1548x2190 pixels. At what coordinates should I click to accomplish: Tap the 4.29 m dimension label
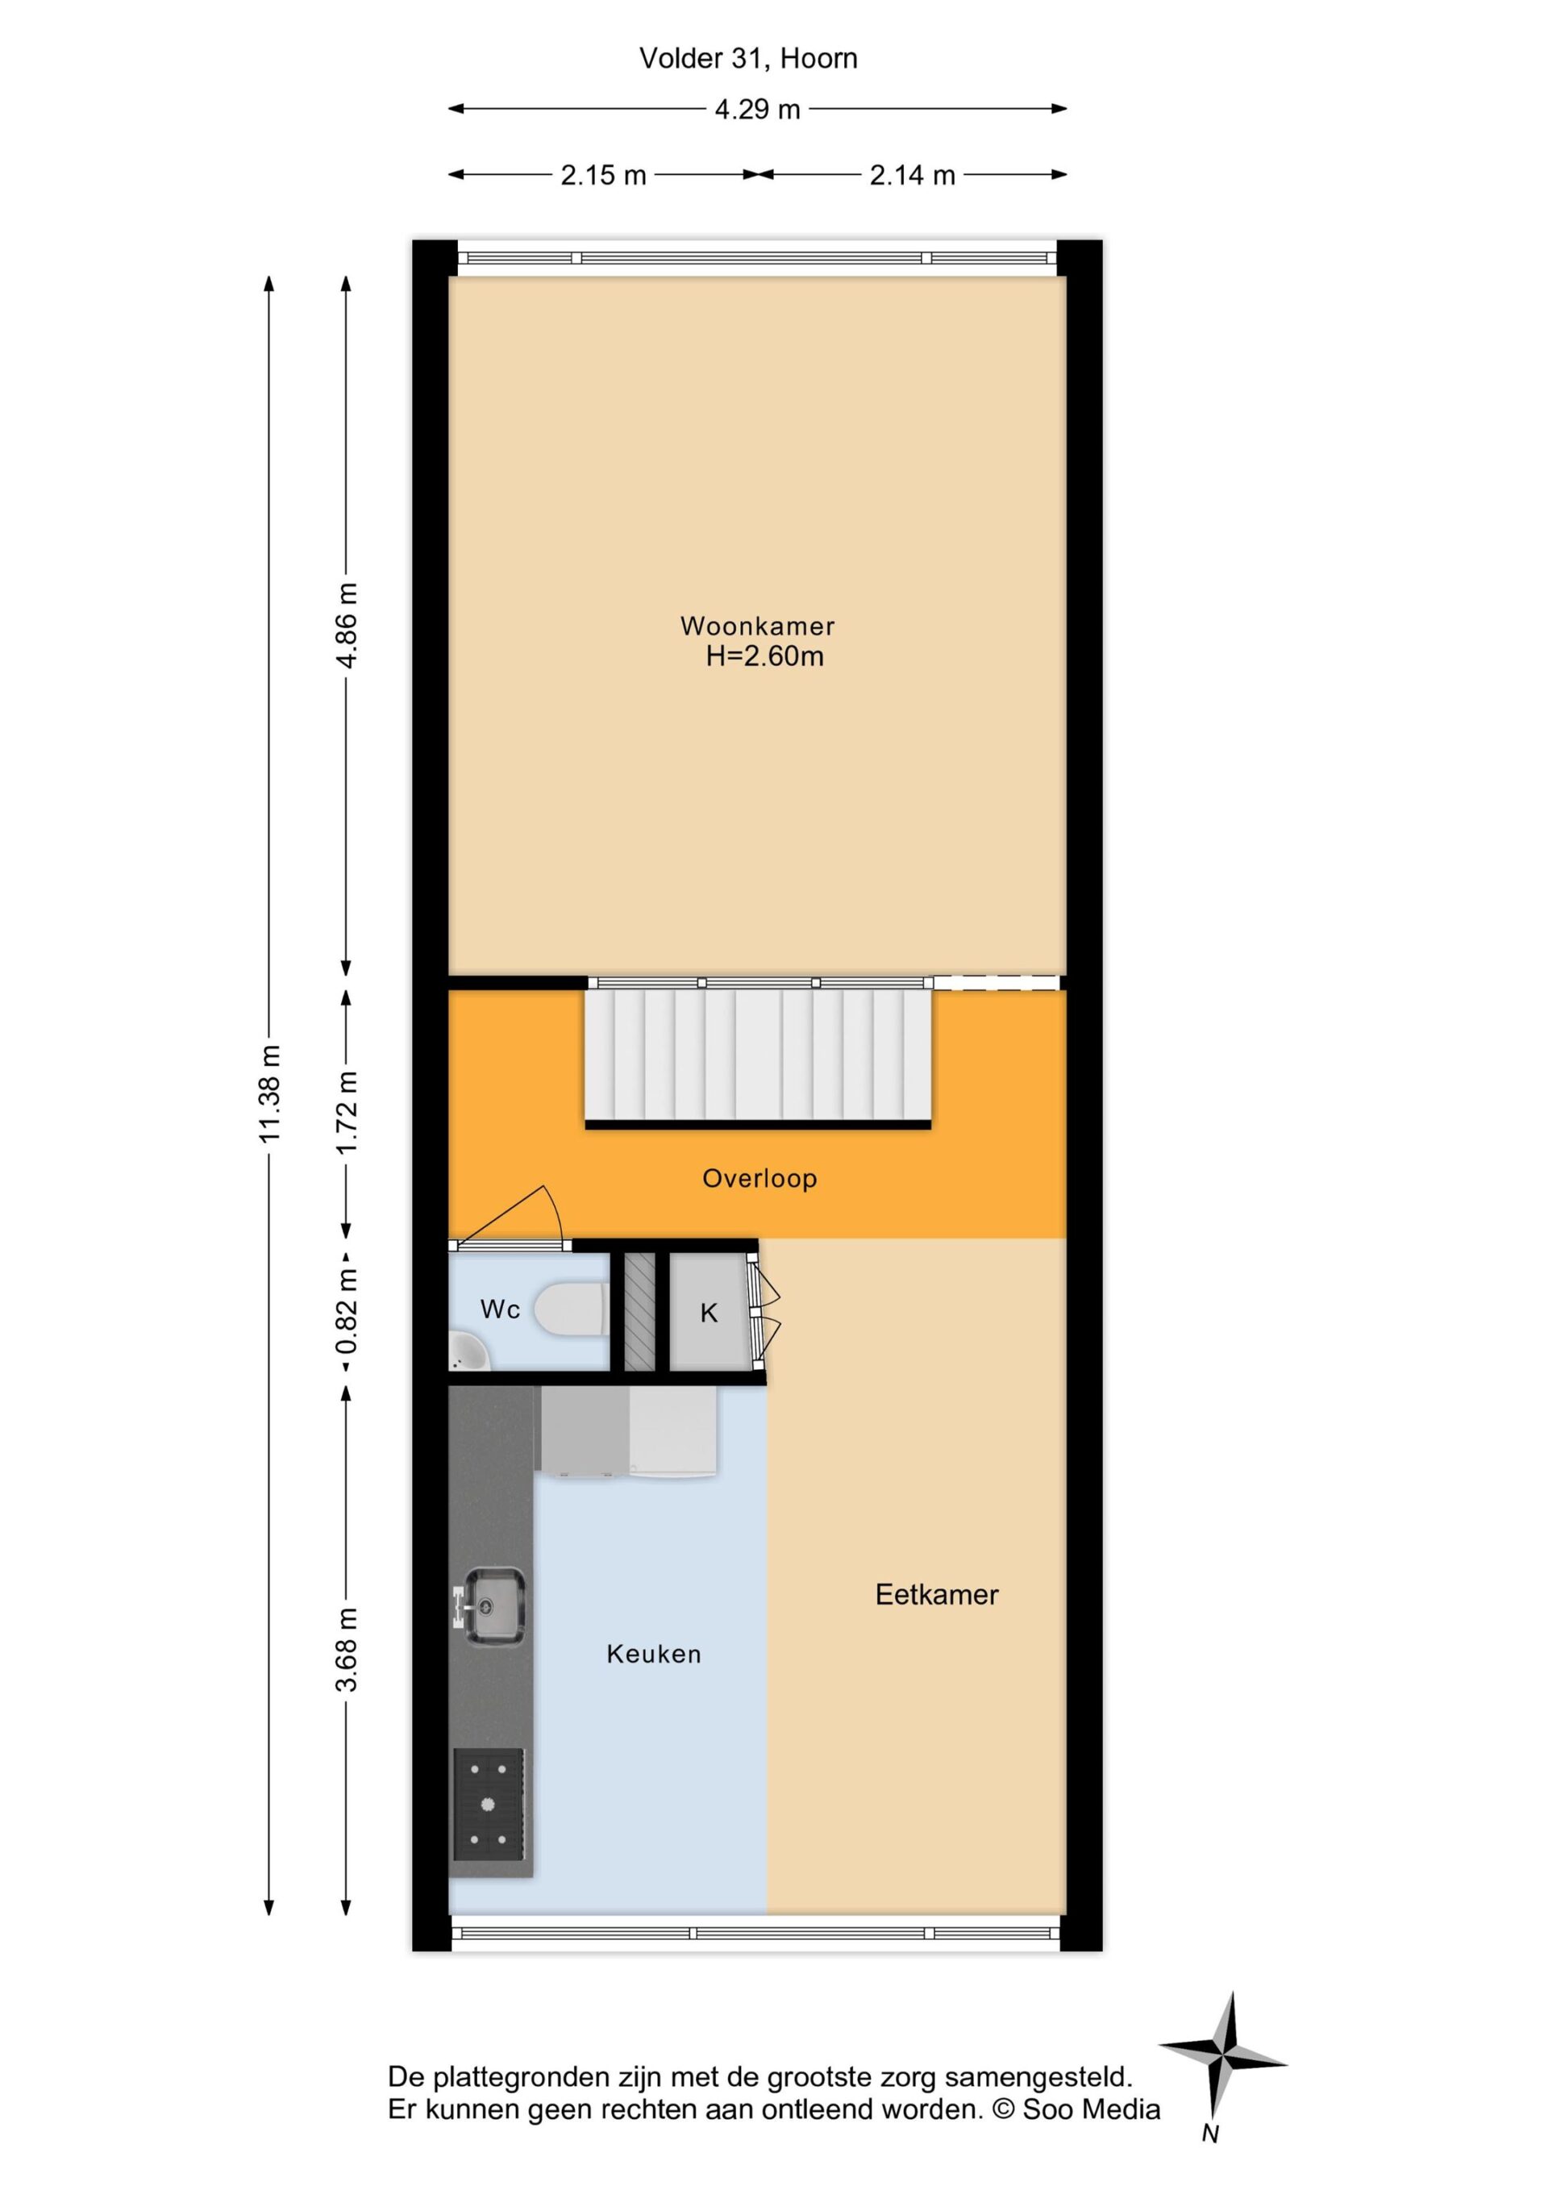click(x=757, y=110)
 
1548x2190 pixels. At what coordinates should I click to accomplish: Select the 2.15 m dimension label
click(x=603, y=176)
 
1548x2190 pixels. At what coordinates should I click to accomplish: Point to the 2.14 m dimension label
click(x=912, y=176)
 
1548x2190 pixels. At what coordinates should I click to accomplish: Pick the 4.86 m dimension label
click(x=347, y=626)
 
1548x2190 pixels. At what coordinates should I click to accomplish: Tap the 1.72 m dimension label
click(x=347, y=1111)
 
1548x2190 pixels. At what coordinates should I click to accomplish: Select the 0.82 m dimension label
click(x=347, y=1312)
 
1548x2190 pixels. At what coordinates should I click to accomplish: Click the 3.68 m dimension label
click(x=347, y=1649)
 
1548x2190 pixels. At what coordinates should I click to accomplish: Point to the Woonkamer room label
click(x=757, y=627)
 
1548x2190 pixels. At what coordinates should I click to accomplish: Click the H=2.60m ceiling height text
click(x=765, y=656)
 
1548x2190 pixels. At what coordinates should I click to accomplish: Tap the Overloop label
click(x=760, y=1179)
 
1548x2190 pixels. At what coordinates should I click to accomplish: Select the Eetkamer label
click(x=937, y=1595)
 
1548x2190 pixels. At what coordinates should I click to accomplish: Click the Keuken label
click(x=655, y=1654)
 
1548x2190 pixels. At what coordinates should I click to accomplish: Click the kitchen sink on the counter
click(x=491, y=1606)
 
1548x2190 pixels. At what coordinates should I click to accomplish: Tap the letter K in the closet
click(x=709, y=1314)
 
